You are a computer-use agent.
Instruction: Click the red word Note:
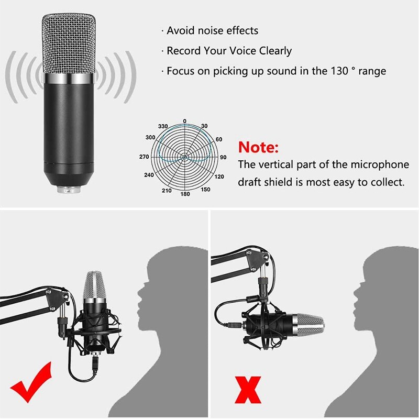tap(259, 146)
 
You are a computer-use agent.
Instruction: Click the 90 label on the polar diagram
tap(223, 157)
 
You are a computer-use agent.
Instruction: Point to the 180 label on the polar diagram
tap(184, 194)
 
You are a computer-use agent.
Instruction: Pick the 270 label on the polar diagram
tap(144, 157)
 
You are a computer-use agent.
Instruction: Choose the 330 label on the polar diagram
tap(163, 127)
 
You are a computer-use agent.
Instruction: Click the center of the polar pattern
tap(184, 157)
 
